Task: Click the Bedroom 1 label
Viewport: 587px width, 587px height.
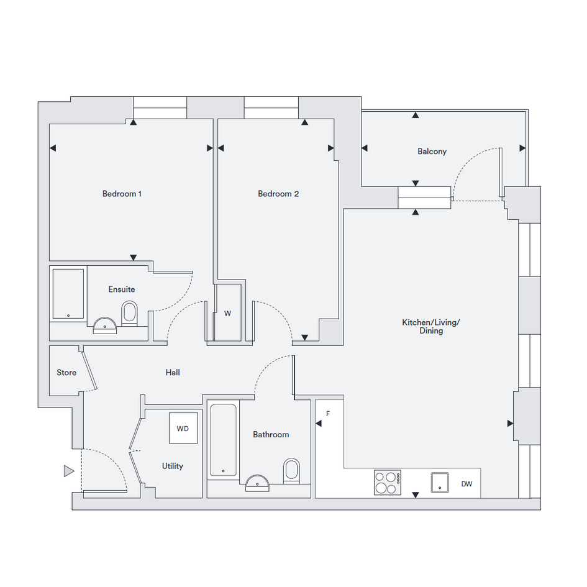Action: pyautogui.click(x=122, y=194)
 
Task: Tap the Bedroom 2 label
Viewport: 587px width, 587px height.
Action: pyautogui.click(x=278, y=194)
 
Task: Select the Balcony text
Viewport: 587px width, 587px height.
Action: pyautogui.click(x=432, y=152)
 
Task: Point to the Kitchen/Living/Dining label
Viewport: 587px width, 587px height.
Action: pyautogui.click(x=431, y=327)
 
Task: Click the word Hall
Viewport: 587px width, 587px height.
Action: pyautogui.click(x=173, y=373)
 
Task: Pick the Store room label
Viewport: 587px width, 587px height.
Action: pyautogui.click(x=66, y=373)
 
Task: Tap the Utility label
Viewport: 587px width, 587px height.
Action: pyautogui.click(x=172, y=466)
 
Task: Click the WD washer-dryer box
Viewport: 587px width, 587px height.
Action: pyautogui.click(x=183, y=428)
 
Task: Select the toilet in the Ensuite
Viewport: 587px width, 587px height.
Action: pyautogui.click(x=130, y=313)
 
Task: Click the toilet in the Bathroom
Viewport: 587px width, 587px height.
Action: pyautogui.click(x=291, y=471)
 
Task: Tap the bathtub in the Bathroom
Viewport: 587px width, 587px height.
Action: pyautogui.click(x=223, y=440)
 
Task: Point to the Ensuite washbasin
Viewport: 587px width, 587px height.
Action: pyautogui.click(x=105, y=325)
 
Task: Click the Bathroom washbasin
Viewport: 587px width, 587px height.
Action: pyautogui.click(x=257, y=483)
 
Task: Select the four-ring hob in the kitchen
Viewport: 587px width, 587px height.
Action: pyautogui.click(x=388, y=483)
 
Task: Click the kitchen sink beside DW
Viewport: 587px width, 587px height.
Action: pyautogui.click(x=440, y=483)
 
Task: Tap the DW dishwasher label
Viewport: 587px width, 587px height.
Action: pyautogui.click(x=467, y=484)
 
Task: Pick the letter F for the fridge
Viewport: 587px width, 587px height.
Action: pyautogui.click(x=328, y=414)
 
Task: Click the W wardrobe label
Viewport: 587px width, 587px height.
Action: pyautogui.click(x=227, y=314)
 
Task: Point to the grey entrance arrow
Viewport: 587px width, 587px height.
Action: pyautogui.click(x=69, y=471)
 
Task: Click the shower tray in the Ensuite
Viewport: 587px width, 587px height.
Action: pyautogui.click(x=68, y=294)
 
